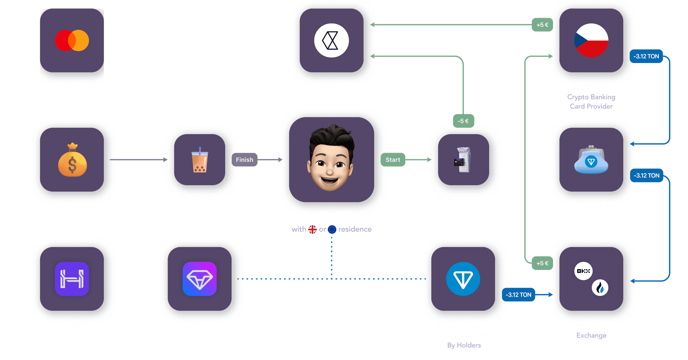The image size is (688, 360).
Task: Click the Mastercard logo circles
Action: [x=72, y=41]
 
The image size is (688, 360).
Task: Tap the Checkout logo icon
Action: [x=331, y=40]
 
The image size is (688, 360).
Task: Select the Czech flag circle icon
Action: [x=591, y=40]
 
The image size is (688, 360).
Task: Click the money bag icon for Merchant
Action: [x=72, y=160]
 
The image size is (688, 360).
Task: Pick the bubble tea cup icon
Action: [x=200, y=160]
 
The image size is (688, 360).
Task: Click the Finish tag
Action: [x=244, y=160]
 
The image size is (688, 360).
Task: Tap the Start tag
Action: [x=393, y=160]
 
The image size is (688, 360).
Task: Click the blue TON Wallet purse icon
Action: [x=591, y=160]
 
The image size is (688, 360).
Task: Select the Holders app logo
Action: [x=72, y=279]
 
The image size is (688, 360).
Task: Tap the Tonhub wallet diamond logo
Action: [x=200, y=279]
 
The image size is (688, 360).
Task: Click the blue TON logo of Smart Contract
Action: [x=463, y=279]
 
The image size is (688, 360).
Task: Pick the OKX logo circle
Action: [x=583, y=271]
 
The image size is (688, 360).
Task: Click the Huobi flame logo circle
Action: [x=600, y=288]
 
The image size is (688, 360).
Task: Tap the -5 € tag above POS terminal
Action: [x=463, y=121]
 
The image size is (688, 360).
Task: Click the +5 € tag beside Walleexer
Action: [x=542, y=25]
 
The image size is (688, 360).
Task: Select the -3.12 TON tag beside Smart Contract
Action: [x=518, y=295]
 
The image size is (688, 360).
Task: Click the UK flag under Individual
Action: [x=312, y=229]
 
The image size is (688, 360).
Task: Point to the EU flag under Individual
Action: [x=332, y=229]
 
